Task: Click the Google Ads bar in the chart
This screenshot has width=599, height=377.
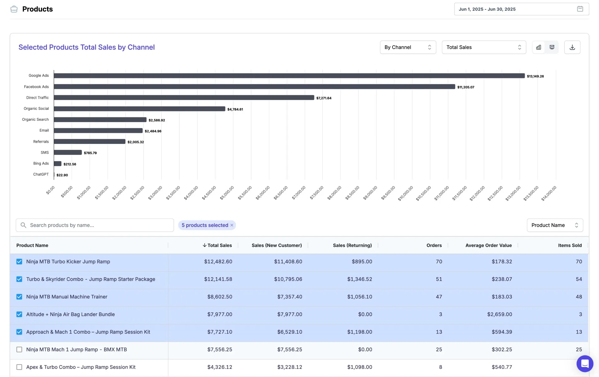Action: point(289,76)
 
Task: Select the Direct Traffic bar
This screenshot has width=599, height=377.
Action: point(184,98)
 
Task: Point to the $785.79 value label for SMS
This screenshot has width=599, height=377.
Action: point(90,153)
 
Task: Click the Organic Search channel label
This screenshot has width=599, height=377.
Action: point(35,120)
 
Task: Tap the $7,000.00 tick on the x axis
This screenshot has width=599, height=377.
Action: point(299,193)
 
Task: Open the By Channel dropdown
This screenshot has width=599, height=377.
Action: point(408,47)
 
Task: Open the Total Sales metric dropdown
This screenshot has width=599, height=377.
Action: point(484,47)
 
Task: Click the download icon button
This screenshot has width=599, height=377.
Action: point(572,47)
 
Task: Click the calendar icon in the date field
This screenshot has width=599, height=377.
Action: point(580,9)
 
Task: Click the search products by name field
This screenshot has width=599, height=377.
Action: point(95,225)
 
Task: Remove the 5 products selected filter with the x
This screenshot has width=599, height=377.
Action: point(232,225)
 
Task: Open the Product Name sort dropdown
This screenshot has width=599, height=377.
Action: point(555,225)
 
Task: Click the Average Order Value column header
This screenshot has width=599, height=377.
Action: point(489,245)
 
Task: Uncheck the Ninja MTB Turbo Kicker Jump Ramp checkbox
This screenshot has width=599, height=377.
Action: point(19,262)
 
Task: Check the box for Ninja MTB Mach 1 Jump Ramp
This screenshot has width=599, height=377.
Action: point(19,350)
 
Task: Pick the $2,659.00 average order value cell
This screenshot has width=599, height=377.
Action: point(499,314)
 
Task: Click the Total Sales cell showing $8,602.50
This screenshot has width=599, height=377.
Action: point(220,297)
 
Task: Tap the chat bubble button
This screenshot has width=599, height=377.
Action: point(585,364)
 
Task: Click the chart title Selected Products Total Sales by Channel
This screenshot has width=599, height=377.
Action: point(86,47)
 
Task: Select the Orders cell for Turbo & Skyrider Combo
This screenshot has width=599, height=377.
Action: point(439,279)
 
